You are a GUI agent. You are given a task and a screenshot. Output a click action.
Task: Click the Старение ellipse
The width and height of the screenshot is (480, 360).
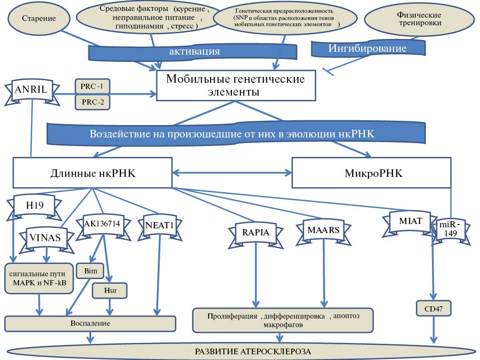coord(39,19)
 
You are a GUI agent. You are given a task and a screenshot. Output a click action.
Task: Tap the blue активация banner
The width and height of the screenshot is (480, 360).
coord(194,51)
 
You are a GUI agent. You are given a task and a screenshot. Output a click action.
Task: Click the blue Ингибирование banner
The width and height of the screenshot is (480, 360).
coord(368,48)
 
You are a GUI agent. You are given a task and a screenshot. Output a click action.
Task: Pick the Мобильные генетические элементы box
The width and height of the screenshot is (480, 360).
coord(236,86)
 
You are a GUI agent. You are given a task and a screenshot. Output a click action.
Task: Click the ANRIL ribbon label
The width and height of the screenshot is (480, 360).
coord(31,89)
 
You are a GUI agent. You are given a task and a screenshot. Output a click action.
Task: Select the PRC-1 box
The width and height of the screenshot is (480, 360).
coord(92,86)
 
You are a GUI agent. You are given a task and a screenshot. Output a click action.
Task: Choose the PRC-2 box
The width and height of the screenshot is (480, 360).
coord(92,102)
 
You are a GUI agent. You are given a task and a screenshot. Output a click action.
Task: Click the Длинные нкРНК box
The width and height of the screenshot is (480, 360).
coord(93,174)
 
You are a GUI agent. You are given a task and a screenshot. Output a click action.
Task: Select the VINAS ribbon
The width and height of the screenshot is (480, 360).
coord(46,237)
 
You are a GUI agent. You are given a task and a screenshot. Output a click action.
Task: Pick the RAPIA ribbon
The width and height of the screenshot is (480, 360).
coord(256,233)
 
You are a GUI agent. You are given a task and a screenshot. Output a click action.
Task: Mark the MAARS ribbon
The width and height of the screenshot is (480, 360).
coord(324,230)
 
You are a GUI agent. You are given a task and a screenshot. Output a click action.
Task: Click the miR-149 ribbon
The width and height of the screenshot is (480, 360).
coord(449,229)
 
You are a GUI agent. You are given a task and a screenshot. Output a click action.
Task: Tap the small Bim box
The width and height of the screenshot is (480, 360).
coord(90,271)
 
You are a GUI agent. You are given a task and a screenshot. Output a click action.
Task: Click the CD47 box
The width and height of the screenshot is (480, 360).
coord(433,309)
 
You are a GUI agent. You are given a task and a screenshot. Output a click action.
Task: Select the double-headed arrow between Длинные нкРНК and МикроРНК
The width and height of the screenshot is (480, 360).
coord(232,173)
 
